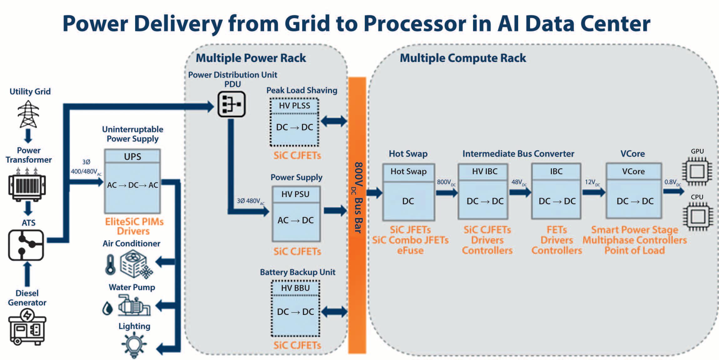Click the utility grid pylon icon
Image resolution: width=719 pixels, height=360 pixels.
coord(28,114)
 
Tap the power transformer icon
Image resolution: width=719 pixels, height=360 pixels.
coord(27,185)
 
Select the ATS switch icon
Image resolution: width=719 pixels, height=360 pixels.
coord(26,245)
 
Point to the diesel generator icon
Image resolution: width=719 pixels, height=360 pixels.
coord(27,327)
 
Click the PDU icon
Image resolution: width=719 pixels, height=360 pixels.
coord(232,104)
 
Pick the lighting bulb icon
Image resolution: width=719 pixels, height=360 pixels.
coord(134,344)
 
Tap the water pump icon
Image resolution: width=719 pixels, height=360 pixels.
coord(134,306)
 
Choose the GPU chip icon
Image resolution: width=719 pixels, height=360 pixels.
coord(697,171)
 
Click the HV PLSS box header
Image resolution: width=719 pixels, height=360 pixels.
coord(294,106)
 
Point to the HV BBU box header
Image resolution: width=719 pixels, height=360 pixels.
coord(295,288)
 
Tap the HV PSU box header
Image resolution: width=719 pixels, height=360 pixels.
coord(296,194)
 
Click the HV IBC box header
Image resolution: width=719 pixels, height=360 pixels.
coord(484,171)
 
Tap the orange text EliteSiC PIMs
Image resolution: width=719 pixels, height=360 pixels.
coord(134,221)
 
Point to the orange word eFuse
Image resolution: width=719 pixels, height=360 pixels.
coord(410,251)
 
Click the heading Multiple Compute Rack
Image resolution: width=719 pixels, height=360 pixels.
coord(463,58)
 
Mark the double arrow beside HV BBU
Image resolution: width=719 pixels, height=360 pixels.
coord(334,312)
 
